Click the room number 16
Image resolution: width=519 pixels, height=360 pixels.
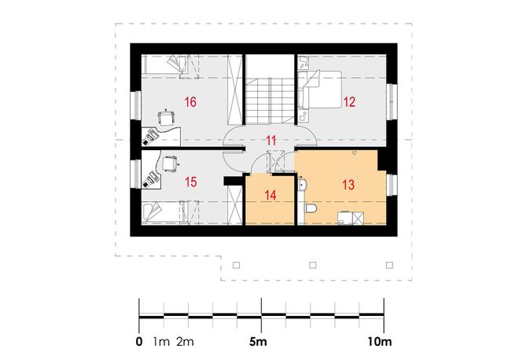tap(190, 102)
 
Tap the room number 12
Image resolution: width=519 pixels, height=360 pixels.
tap(349, 102)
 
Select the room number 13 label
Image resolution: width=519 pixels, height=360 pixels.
tap(348, 184)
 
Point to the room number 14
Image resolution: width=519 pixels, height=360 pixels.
tap(271, 195)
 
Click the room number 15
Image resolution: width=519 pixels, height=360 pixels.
tap(191, 182)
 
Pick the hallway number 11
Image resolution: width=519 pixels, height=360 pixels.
tap(271, 141)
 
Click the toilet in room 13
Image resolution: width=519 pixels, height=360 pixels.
tap(310, 208)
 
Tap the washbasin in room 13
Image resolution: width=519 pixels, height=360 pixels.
tap(302, 185)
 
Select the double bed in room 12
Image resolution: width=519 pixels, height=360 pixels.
tap(319, 89)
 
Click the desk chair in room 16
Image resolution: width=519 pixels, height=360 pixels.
tap(167, 117)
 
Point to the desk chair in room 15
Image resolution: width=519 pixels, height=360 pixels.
tap(170, 163)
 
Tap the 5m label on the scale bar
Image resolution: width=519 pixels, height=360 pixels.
tap(258, 341)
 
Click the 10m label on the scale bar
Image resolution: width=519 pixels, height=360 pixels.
tap(380, 341)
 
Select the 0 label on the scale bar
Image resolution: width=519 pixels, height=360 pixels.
tap(139, 341)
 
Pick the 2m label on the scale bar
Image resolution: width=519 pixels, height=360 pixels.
tap(185, 341)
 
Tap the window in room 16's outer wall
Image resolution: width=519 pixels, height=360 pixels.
tap(135, 105)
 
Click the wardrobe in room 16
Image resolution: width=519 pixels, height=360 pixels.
tap(234, 90)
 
